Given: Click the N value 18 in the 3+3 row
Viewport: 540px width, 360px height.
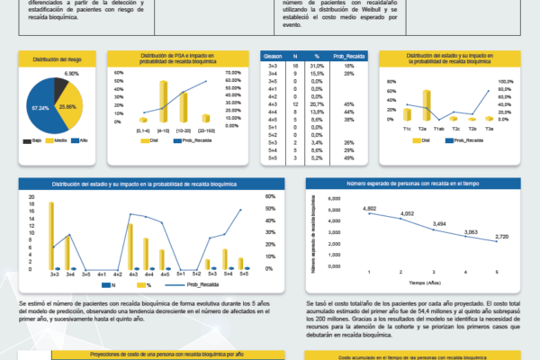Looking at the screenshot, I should (x=296, y=66).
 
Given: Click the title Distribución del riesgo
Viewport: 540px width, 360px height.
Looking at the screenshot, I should (x=58, y=58).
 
